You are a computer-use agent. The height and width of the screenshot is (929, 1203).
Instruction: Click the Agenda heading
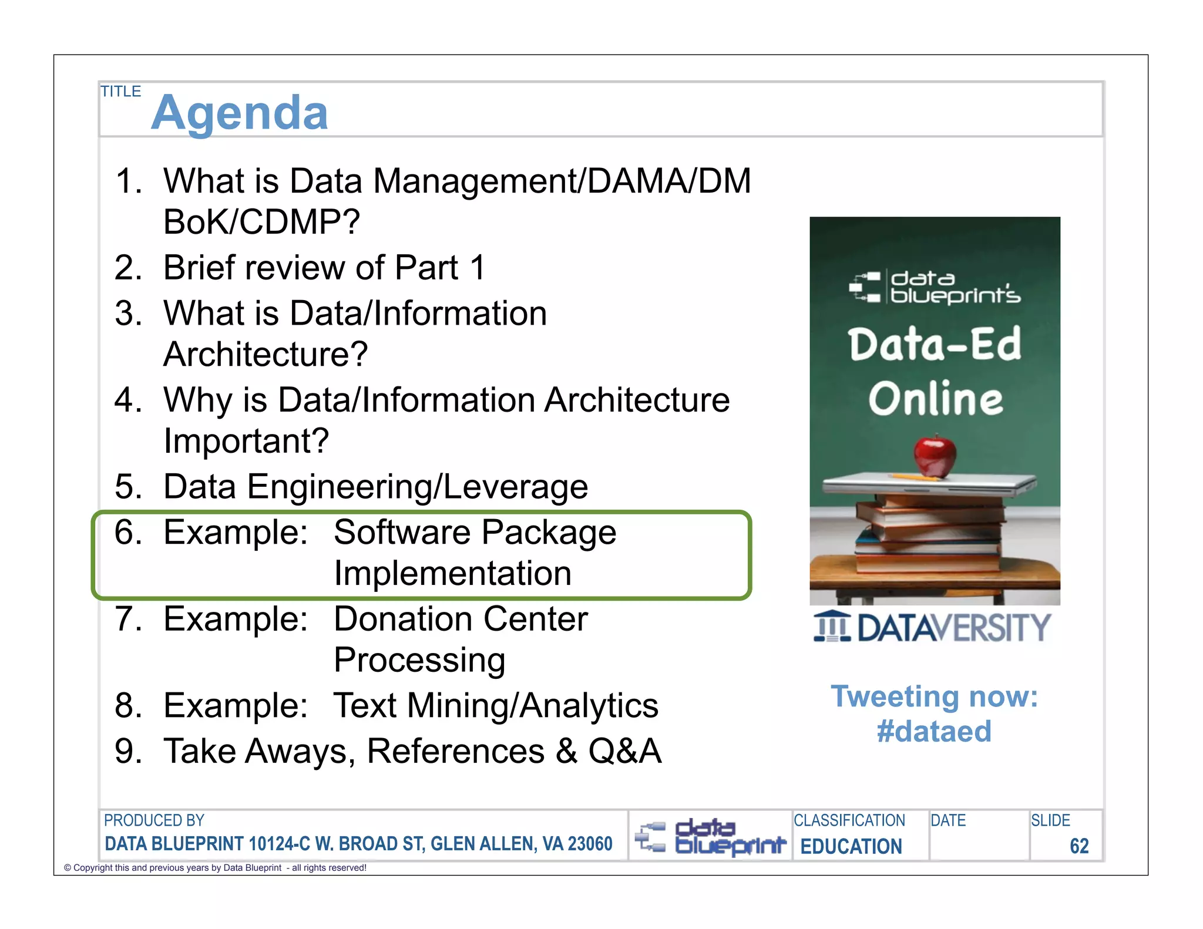[x=239, y=113]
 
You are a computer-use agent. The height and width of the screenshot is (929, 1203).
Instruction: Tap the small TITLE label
[x=120, y=92]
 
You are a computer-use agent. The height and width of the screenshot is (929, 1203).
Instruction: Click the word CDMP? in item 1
[x=299, y=222]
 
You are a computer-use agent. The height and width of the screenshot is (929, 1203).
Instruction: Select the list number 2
[x=128, y=268]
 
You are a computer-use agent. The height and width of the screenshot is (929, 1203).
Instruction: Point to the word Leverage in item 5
[x=515, y=487]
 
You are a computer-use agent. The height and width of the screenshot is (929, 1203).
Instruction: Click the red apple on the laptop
[x=935, y=456]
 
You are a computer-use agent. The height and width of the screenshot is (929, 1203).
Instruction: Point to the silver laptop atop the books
[x=928, y=484]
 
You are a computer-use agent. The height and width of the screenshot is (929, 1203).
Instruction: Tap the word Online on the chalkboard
[x=936, y=399]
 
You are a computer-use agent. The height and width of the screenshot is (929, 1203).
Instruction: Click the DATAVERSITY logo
[x=933, y=627]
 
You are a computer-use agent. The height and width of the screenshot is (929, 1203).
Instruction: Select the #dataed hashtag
[x=934, y=732]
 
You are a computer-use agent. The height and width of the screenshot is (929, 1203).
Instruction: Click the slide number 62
[x=1079, y=846]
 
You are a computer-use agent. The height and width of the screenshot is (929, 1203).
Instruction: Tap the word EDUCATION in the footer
[x=851, y=846]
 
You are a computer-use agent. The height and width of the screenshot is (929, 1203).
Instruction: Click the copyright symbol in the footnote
[x=68, y=868]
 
